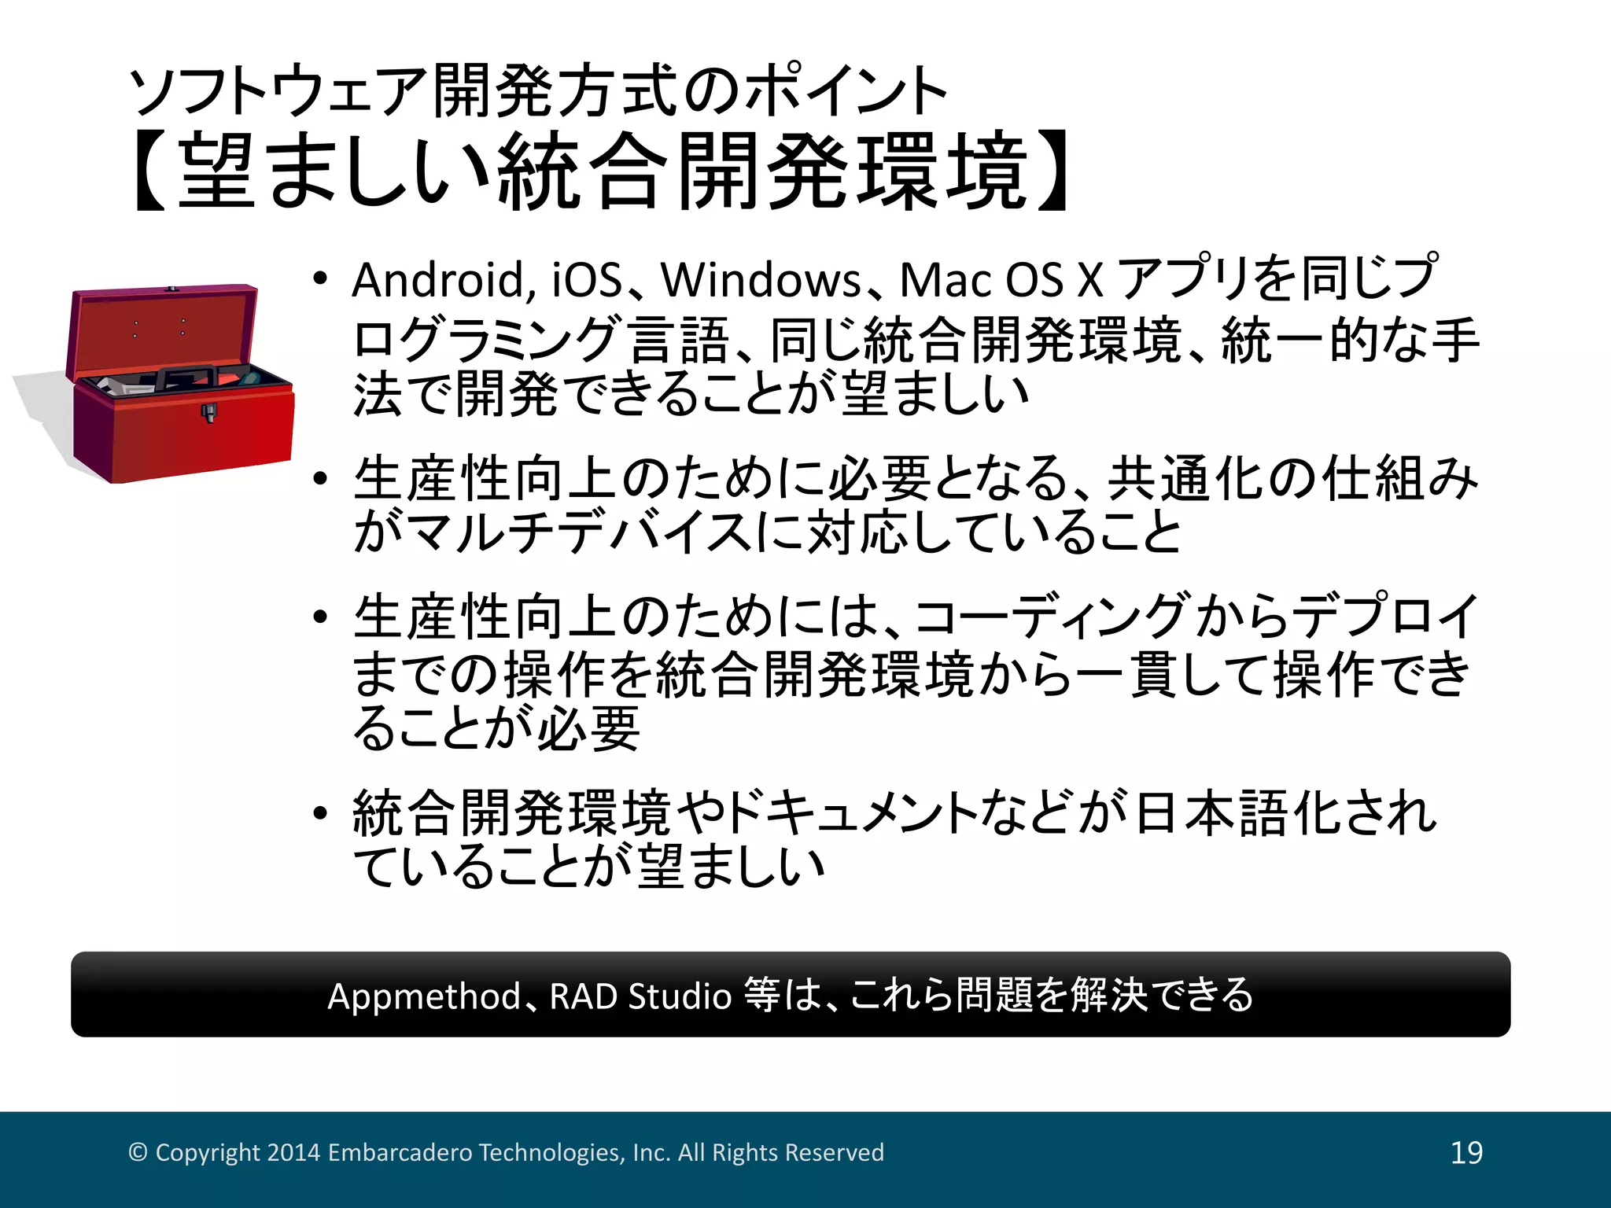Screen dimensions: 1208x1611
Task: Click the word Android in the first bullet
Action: coord(437,280)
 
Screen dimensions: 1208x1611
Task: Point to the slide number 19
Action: coord(1466,1153)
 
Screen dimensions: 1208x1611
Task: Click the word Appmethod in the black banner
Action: coord(424,996)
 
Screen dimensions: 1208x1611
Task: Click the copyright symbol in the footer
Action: coord(138,1152)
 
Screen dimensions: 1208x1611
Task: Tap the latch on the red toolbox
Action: coord(209,412)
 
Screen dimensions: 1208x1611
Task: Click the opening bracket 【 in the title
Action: coord(149,171)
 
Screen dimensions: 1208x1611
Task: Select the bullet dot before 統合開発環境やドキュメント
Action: coord(319,813)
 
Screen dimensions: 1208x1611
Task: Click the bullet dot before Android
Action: coord(319,280)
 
